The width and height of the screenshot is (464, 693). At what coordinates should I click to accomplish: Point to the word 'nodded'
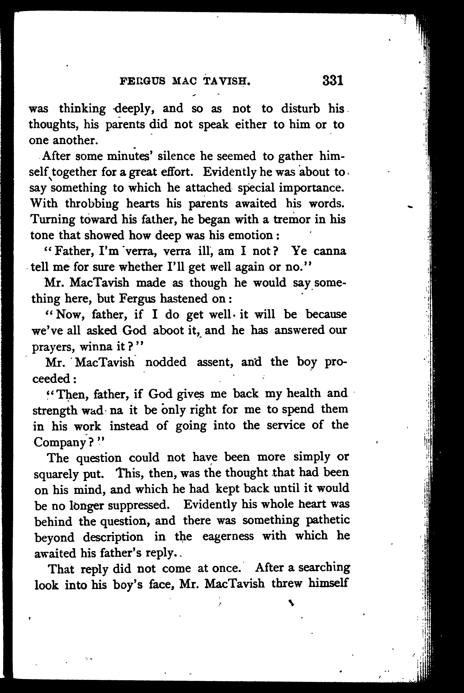[x=166, y=362]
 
